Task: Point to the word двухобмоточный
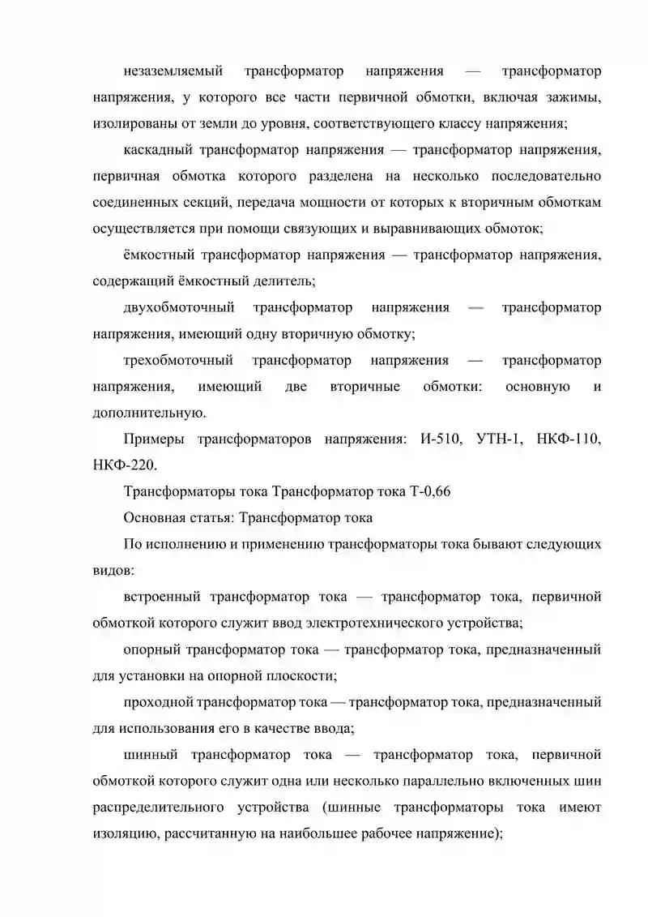[179, 308]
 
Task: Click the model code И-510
[441, 439]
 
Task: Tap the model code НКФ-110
[569, 439]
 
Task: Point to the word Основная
[153, 517]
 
